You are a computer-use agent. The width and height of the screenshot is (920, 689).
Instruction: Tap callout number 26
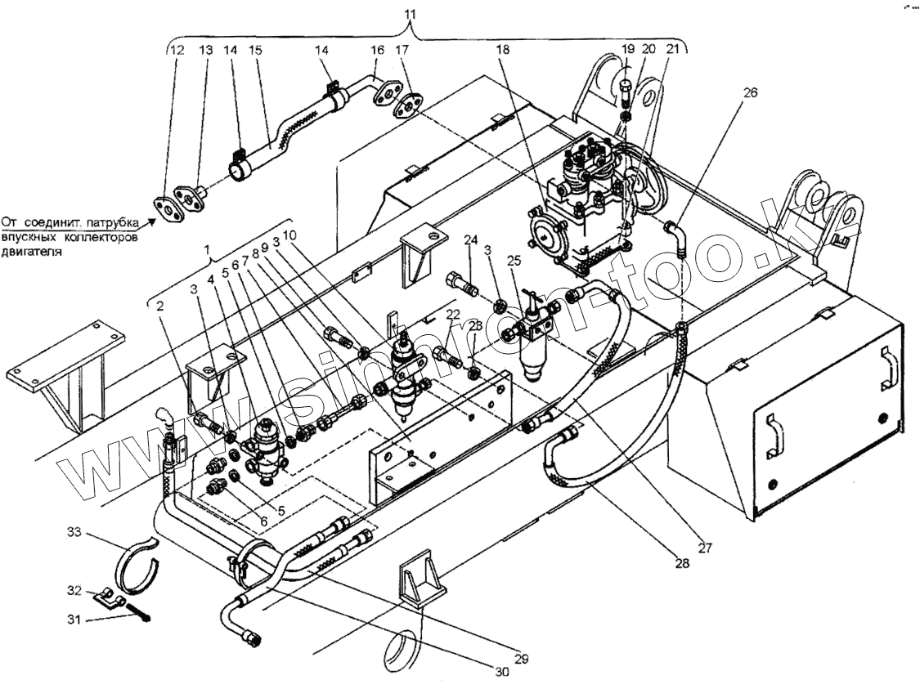(751, 92)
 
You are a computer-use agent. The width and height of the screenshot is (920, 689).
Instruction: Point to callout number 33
(74, 534)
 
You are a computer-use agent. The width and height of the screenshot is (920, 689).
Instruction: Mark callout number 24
(470, 239)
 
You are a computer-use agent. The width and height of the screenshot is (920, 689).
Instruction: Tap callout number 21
(671, 50)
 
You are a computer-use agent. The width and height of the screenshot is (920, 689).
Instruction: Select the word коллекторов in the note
(94, 237)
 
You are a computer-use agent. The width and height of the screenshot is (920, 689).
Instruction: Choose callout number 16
(377, 50)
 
